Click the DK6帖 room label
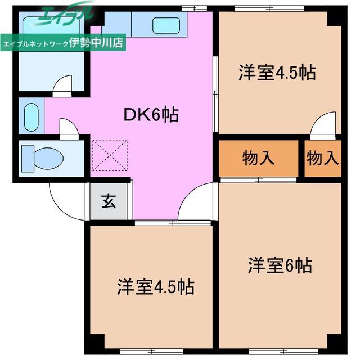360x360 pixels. click(x=151, y=115)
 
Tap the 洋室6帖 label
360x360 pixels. click(x=280, y=265)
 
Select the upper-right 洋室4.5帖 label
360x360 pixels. click(x=277, y=73)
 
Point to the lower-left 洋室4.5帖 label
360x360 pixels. click(x=156, y=287)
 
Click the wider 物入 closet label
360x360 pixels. click(x=258, y=158)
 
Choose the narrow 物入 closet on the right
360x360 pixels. click(x=322, y=158)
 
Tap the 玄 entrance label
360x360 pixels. click(x=109, y=201)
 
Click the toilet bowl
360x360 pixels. click(x=48, y=159)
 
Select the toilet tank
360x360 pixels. click(x=28, y=159)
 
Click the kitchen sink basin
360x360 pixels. click(x=166, y=25)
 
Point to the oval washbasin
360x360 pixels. click(x=31, y=118)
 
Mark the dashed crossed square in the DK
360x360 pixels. click(x=110, y=155)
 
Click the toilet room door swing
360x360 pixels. click(x=69, y=129)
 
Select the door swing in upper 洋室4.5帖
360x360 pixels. click(x=323, y=125)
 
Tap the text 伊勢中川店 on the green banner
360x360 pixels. click(x=96, y=43)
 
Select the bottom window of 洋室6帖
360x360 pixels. click(x=283, y=351)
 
